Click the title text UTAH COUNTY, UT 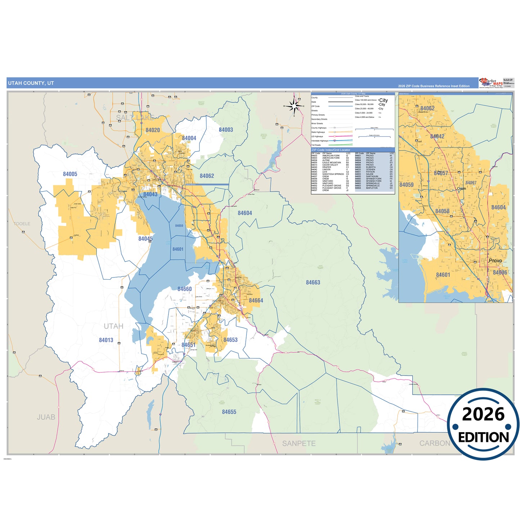point(31,83)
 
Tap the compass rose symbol point(294,106)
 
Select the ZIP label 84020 point(153,130)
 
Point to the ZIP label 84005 point(70,174)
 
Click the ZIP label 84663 point(313,282)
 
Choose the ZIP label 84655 point(229,412)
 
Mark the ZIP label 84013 point(106,340)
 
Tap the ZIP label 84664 point(256,300)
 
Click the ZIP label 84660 point(184,289)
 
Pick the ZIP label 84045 point(145,239)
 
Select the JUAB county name point(46,417)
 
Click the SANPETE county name point(299,443)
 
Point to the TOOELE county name point(22,224)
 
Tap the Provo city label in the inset point(495,261)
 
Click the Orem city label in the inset point(461,189)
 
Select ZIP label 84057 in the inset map point(441,173)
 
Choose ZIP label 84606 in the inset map point(500,272)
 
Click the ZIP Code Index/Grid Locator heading point(331,150)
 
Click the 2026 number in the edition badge point(483,414)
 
